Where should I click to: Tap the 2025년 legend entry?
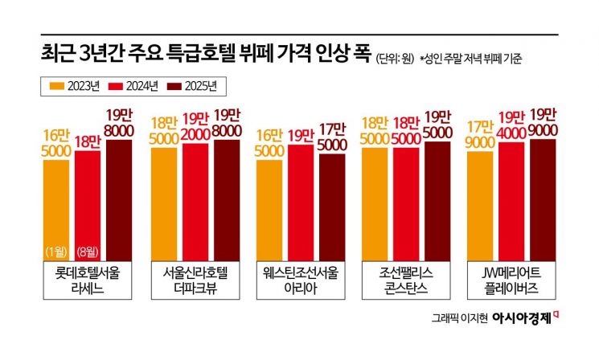tap(195, 84)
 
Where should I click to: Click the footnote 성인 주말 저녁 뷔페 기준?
tap(470, 58)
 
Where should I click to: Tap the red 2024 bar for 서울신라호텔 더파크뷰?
tap(195, 201)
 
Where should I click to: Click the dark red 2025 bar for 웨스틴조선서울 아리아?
tap(332, 206)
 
